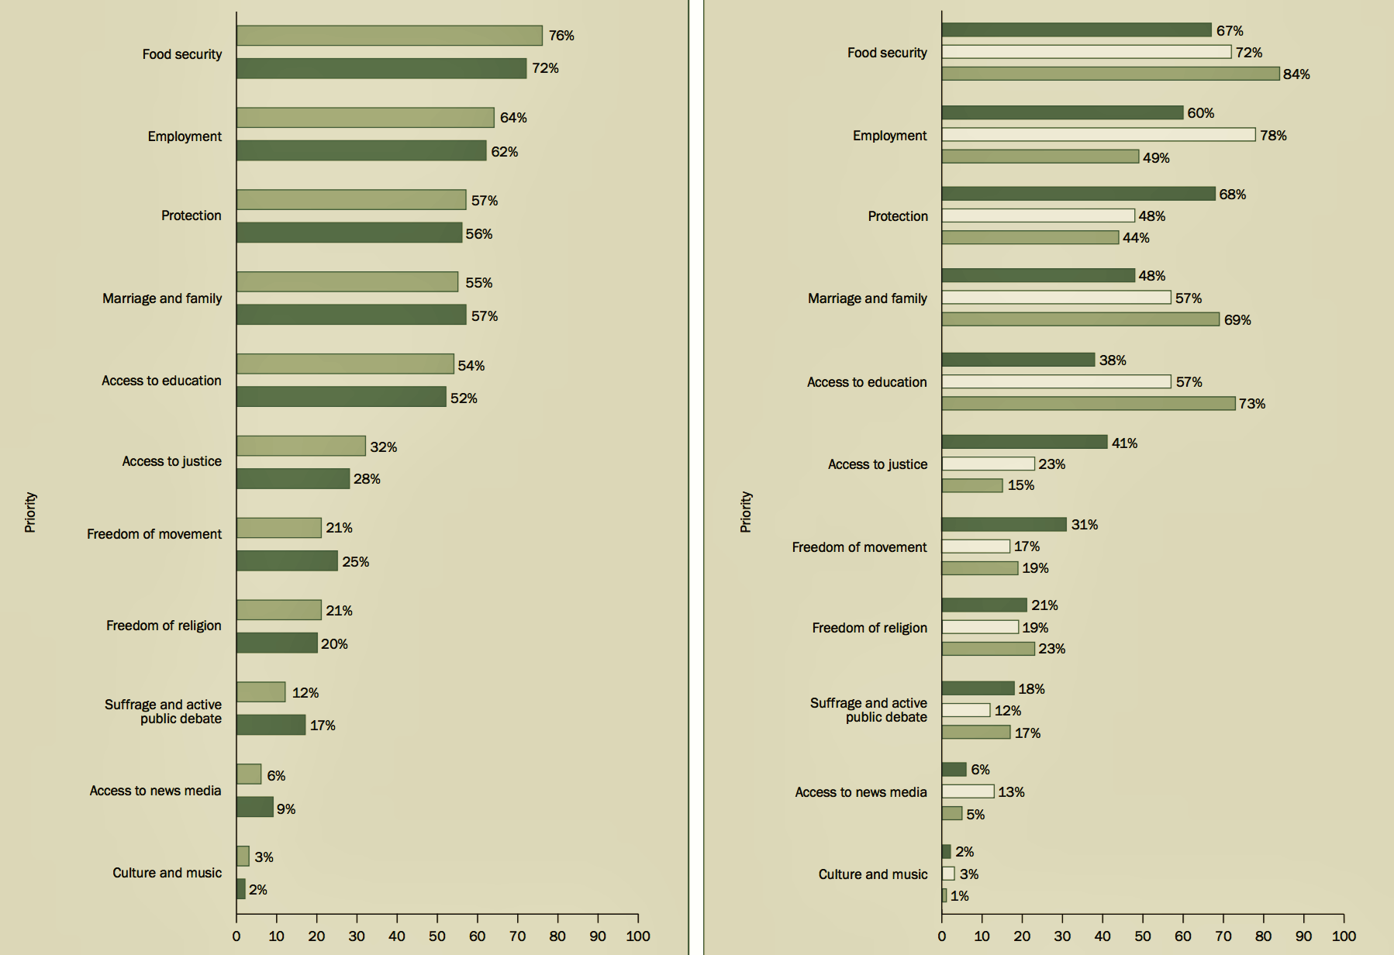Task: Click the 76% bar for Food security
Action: pyautogui.click(x=389, y=36)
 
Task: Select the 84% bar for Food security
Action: pyautogui.click(x=1110, y=74)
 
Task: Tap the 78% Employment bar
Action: pyautogui.click(x=1098, y=135)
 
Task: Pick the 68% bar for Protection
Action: pyautogui.click(x=1078, y=194)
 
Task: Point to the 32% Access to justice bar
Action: pyautogui.click(x=301, y=446)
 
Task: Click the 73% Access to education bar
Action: pyautogui.click(x=1088, y=403)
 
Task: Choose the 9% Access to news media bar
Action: pyautogui.click(x=254, y=807)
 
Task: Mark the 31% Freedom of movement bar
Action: pyautogui.click(x=1004, y=525)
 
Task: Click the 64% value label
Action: pyautogui.click(x=513, y=118)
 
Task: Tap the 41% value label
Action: pyautogui.click(x=1124, y=443)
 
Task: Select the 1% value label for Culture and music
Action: pyautogui.click(x=959, y=896)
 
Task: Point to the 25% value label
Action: pyautogui.click(x=355, y=561)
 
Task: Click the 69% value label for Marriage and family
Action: pyautogui.click(x=1237, y=320)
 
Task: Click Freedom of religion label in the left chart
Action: pyautogui.click(x=164, y=626)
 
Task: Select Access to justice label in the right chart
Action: pyautogui.click(x=877, y=464)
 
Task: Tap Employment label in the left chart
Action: pyautogui.click(x=185, y=136)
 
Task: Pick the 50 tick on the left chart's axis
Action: pyautogui.click(x=436, y=936)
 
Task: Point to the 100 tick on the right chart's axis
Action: pyautogui.click(x=1344, y=936)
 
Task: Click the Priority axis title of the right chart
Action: pyautogui.click(x=746, y=512)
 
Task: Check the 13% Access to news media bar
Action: pyautogui.click(x=968, y=791)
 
